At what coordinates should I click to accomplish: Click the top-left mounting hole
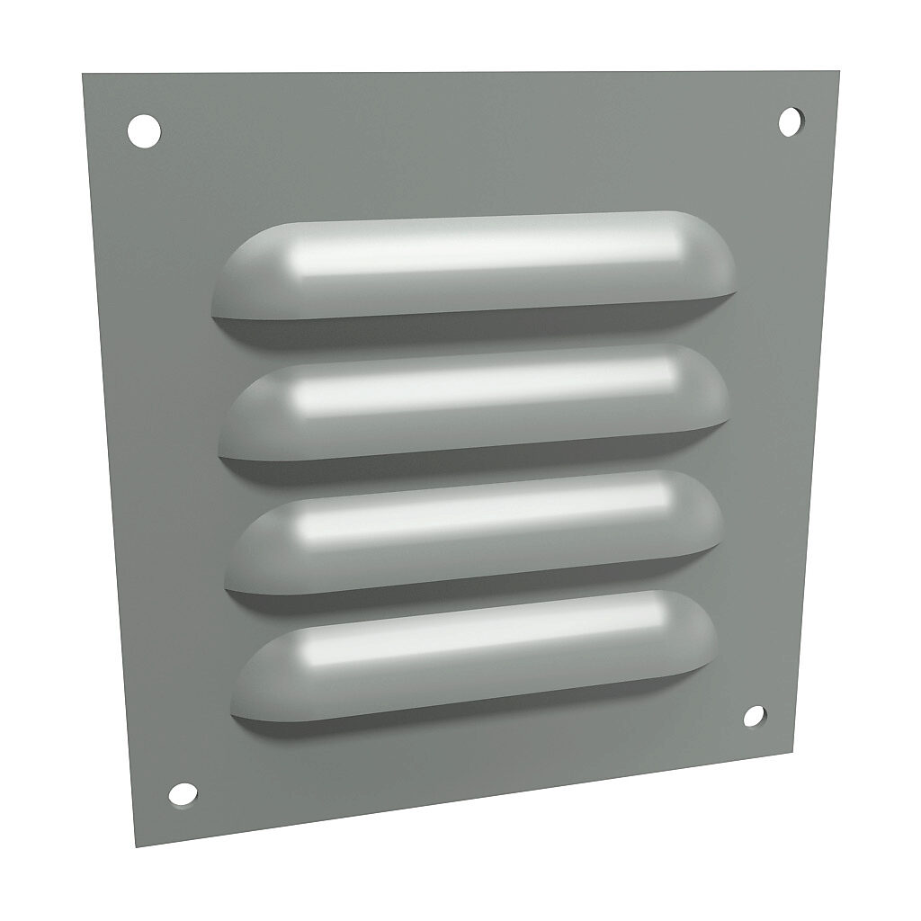[x=144, y=131]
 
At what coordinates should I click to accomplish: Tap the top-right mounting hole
[x=790, y=121]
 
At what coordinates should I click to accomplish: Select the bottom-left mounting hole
[x=183, y=793]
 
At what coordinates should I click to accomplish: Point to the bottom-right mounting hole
[x=755, y=716]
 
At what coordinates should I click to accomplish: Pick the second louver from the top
[x=477, y=400]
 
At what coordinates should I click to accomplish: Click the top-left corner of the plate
[x=84, y=75]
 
